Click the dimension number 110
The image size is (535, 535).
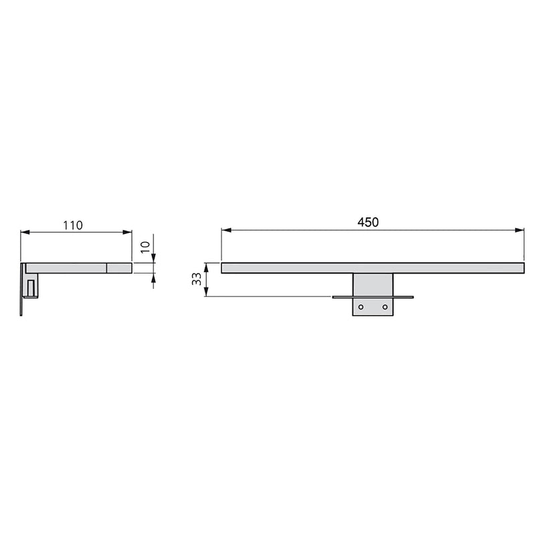73,225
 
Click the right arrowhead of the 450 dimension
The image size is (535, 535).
520,231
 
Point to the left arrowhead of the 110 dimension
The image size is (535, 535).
25,233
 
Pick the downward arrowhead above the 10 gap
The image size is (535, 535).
154,258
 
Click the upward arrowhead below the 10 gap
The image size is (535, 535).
154,278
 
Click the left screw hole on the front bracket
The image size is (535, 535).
361,306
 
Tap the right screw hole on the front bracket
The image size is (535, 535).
385,306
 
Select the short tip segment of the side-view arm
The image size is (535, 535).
119,267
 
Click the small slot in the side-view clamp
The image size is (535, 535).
31,288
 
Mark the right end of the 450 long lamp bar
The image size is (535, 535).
521,267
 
